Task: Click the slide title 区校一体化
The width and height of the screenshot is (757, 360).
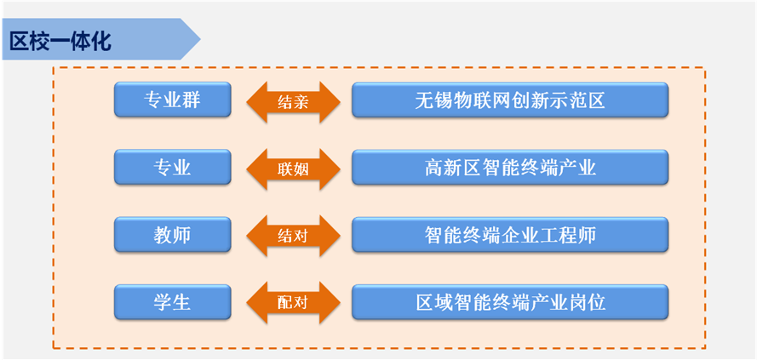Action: (x=60, y=42)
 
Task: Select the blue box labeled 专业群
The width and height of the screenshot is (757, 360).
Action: (x=172, y=100)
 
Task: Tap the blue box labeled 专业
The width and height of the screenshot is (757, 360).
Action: (x=172, y=168)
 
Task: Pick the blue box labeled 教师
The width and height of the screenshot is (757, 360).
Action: (x=172, y=235)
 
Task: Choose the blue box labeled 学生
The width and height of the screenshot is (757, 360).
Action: (x=172, y=303)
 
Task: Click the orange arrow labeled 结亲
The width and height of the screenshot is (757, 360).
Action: (x=293, y=102)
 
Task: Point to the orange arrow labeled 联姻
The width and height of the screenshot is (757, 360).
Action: (x=293, y=169)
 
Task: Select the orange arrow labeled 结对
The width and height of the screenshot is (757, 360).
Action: (x=293, y=236)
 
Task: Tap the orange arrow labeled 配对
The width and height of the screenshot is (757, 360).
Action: (x=293, y=303)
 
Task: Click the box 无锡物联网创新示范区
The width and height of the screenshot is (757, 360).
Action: (x=510, y=100)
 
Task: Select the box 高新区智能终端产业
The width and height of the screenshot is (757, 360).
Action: (x=510, y=168)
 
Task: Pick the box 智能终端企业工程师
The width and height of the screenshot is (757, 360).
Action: (x=510, y=235)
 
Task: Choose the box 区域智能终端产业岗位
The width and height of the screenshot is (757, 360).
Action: (x=510, y=303)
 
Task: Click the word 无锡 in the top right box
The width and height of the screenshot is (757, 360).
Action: (x=433, y=100)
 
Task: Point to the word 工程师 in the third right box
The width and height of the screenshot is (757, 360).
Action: (x=568, y=235)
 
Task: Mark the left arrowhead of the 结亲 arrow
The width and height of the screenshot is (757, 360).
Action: (x=248, y=102)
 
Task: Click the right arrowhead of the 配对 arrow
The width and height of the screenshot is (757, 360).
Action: (x=339, y=303)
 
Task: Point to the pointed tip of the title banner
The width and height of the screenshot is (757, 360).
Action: (x=200, y=39)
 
